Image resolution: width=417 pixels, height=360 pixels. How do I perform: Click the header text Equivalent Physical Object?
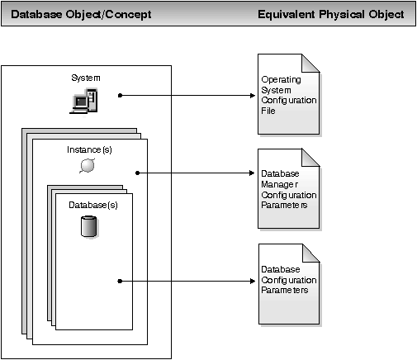point(330,15)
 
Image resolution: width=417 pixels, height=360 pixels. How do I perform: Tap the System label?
point(86,78)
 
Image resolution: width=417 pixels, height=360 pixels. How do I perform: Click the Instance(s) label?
point(88,150)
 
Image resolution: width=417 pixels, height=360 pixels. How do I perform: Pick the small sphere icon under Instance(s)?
point(88,167)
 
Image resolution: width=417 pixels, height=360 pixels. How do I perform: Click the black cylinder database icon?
point(88,226)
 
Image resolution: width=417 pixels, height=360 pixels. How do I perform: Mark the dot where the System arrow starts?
point(121,95)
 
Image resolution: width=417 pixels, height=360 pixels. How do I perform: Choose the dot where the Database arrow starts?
point(121,281)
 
